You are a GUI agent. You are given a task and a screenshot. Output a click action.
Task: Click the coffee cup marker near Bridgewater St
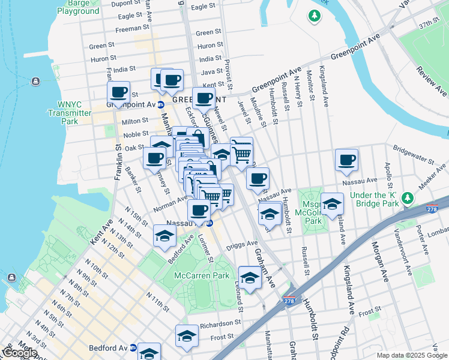click(346, 160)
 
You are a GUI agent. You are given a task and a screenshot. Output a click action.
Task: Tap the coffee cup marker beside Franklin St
click(118, 92)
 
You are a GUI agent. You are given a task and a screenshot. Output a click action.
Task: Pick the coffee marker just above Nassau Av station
click(199, 210)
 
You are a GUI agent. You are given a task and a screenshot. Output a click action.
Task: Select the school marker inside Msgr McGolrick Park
click(331, 204)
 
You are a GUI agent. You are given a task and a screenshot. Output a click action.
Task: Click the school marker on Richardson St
click(187, 336)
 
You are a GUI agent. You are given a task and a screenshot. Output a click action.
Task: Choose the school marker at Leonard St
click(250, 277)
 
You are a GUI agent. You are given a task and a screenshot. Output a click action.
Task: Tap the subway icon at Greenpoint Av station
click(161, 104)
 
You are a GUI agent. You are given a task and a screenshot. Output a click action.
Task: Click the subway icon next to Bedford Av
click(134, 348)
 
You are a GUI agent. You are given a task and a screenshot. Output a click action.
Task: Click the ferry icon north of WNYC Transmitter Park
click(36, 81)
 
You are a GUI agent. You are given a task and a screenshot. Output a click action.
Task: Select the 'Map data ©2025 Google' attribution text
click(411, 355)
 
